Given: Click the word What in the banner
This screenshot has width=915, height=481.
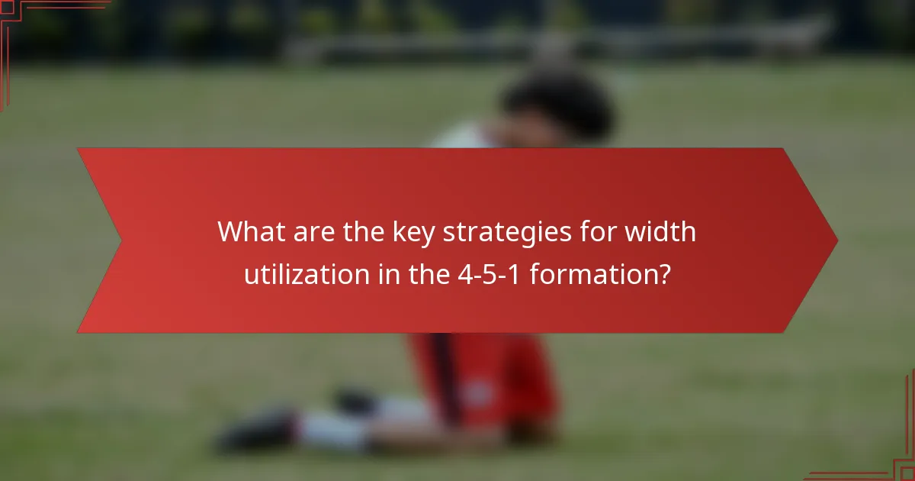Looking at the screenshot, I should [x=249, y=231].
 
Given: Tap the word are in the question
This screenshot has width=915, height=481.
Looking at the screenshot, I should [x=313, y=231].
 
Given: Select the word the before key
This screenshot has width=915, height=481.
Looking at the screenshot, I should [x=363, y=231].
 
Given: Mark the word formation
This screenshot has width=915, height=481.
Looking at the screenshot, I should [x=589, y=274].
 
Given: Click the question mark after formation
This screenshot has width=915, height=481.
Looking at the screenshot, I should [x=663, y=274].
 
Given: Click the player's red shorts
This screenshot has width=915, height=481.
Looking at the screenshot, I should [x=488, y=374].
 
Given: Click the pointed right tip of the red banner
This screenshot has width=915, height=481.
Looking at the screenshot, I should [x=836, y=240].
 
